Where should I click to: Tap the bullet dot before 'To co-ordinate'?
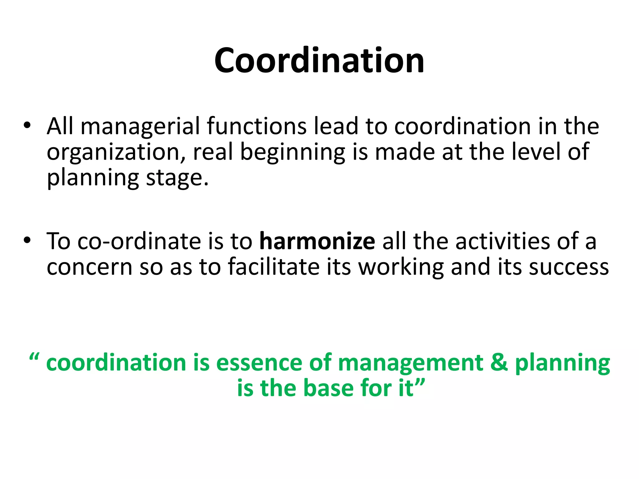click(27, 241)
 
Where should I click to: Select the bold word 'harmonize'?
click(317, 241)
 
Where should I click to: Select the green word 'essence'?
click(259, 363)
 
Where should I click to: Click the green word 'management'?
click(410, 364)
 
